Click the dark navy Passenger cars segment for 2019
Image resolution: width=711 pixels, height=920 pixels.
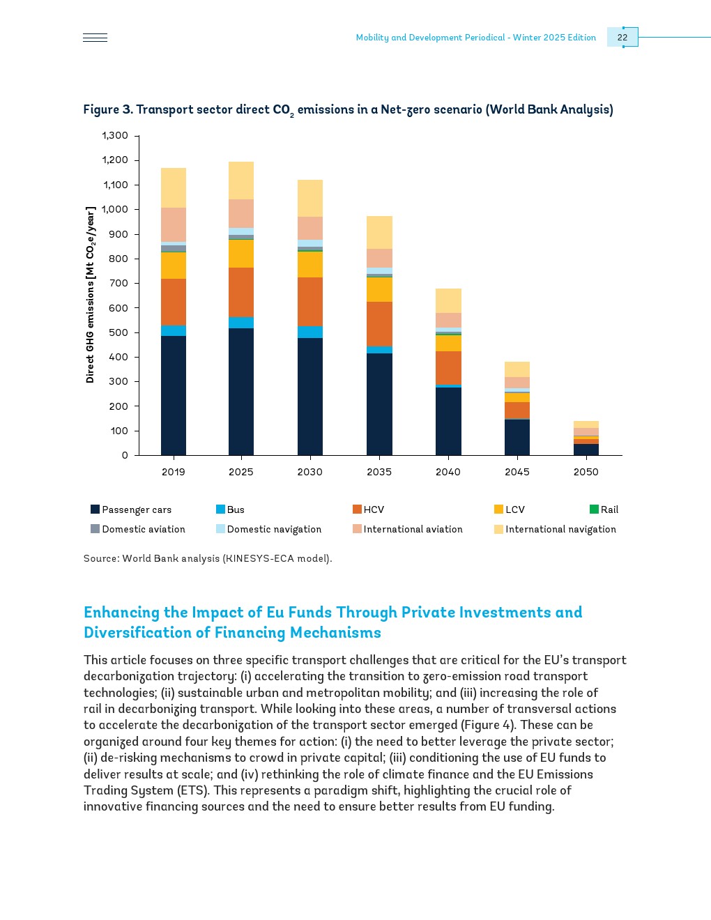click(x=174, y=395)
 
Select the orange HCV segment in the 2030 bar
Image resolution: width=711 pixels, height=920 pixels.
click(x=310, y=302)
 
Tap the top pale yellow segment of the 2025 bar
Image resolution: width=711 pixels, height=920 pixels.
click(x=241, y=181)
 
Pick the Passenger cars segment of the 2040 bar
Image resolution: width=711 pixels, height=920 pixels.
click(x=448, y=421)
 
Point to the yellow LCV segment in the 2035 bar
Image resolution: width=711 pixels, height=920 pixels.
click(x=379, y=289)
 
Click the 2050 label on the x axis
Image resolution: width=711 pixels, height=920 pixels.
click(x=586, y=472)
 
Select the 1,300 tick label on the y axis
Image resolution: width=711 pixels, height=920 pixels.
click(x=116, y=135)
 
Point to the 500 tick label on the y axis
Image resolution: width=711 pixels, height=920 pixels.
click(x=118, y=332)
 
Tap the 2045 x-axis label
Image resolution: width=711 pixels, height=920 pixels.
click(x=517, y=472)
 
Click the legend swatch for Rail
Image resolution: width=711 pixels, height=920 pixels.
click(x=594, y=509)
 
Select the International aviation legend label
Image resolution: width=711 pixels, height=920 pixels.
click(x=413, y=529)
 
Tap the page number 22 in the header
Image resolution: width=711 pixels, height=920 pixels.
click(x=622, y=38)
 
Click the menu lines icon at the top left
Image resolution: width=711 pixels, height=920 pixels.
click(x=95, y=38)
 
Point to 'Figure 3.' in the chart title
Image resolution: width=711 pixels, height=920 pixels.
click(x=108, y=109)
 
